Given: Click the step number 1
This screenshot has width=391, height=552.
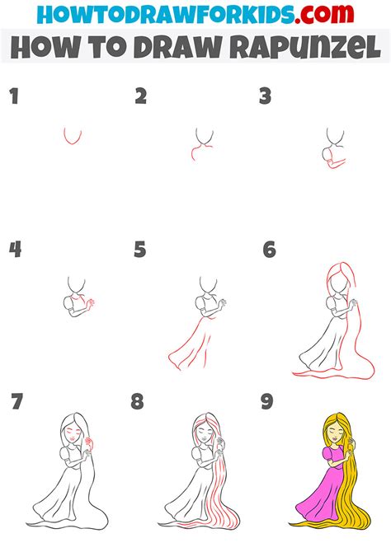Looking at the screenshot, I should (13, 97).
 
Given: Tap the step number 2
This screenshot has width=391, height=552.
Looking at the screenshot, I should (141, 97).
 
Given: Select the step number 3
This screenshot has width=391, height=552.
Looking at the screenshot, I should (265, 97).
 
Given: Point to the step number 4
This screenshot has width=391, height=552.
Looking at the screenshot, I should (14, 249).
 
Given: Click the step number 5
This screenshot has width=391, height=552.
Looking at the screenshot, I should (140, 249).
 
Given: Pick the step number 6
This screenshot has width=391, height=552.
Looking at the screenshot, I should (269, 249).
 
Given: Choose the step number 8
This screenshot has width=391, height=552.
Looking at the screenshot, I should (138, 402).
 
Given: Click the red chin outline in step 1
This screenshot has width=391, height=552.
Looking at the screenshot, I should (73, 138).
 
